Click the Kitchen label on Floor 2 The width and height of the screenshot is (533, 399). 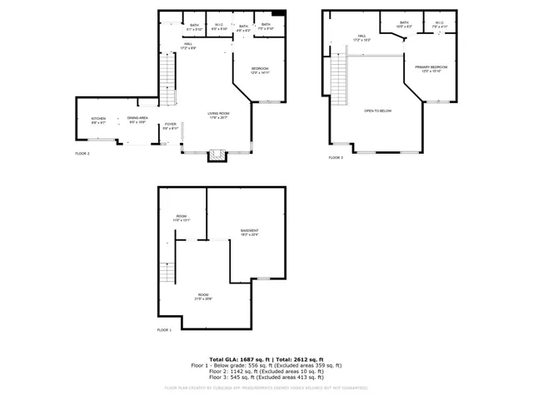98,120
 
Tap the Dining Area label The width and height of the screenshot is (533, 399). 137,120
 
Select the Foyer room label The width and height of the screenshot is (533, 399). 170,126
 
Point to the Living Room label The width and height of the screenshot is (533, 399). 218,116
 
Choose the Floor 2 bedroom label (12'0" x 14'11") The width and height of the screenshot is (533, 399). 261,70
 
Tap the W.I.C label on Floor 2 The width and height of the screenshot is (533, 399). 219,27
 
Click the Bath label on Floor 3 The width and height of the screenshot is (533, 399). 404,24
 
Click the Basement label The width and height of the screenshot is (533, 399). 250,232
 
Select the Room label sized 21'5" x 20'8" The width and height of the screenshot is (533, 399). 203,298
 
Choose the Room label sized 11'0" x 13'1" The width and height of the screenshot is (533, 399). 182,219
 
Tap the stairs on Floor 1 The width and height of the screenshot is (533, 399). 167,268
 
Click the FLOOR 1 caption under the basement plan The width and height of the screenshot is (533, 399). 164,330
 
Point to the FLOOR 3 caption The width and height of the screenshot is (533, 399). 335,157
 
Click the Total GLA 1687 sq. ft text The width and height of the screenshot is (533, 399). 237,357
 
